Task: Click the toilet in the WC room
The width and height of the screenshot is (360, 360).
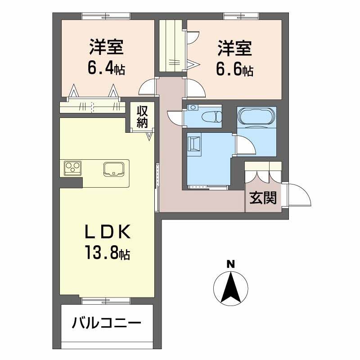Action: [211, 117]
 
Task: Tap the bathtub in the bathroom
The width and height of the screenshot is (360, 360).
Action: [256, 116]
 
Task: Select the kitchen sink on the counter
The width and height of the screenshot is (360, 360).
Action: [114, 169]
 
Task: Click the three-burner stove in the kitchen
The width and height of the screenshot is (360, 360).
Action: [73, 167]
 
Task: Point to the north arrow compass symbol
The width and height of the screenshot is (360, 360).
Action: [231, 288]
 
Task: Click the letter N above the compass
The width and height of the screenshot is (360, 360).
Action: [231, 265]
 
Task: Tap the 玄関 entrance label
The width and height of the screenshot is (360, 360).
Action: [263, 198]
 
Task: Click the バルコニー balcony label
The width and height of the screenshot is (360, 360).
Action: [106, 323]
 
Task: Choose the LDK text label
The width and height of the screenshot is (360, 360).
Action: [108, 232]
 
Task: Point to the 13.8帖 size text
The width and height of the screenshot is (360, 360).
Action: [108, 252]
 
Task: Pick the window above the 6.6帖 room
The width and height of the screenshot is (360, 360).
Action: [242, 16]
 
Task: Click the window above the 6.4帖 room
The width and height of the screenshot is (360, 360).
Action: [106, 16]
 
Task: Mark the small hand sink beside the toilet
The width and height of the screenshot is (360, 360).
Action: [193, 107]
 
